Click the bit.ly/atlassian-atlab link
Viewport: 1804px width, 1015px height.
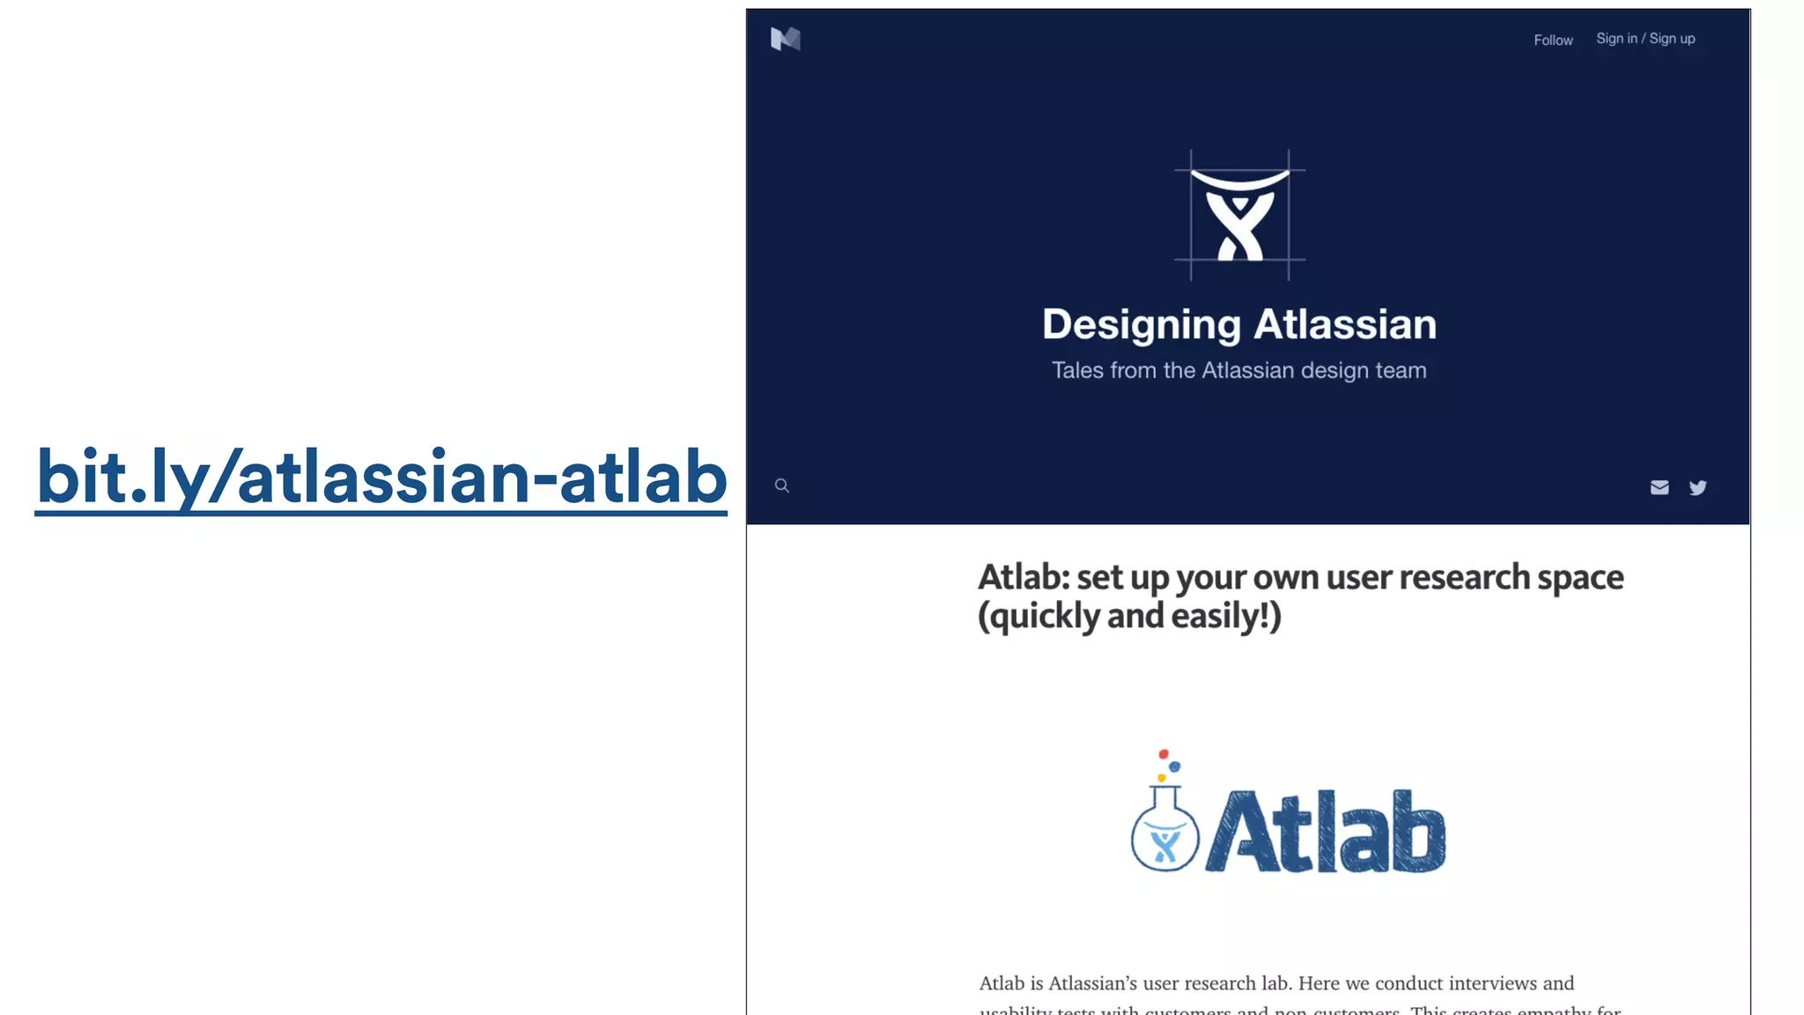[381, 477]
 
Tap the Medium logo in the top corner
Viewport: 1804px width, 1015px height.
[785, 39]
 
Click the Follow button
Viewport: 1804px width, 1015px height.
[1553, 41]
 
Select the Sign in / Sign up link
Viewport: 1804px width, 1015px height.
[1645, 39]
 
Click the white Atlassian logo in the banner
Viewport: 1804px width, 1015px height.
[1239, 216]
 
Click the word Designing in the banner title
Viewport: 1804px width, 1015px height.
[1142, 325]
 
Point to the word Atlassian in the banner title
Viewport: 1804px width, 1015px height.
[1345, 324]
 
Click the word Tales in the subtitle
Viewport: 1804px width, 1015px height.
[1077, 371]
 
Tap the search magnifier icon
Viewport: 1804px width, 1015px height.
[781, 485]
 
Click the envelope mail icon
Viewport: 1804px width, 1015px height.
[1659, 487]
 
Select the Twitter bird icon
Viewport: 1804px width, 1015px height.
[1697, 487]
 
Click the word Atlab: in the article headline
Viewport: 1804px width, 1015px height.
[1023, 578]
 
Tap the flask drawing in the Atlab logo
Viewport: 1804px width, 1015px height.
[1164, 833]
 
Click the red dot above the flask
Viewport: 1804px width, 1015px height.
[1164, 754]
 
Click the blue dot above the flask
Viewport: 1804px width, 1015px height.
[1174, 767]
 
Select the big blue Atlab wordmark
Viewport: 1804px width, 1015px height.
[1326, 832]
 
